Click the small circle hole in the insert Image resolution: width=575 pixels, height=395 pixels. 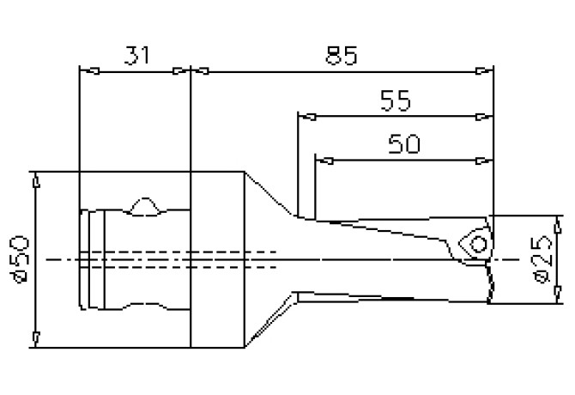[479, 244]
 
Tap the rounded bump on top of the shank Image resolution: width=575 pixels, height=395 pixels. [148, 206]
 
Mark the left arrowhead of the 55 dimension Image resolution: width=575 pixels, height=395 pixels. [304, 114]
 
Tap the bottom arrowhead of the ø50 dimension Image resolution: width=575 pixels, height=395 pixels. [35, 336]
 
